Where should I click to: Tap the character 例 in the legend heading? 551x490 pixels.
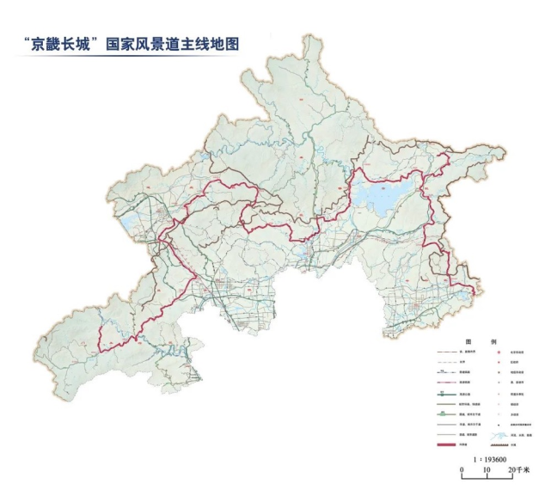493,340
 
